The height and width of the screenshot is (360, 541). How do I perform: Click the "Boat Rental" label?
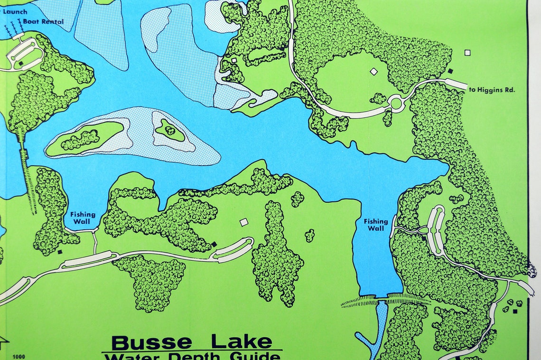point(43,21)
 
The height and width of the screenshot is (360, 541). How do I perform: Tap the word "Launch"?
point(15,12)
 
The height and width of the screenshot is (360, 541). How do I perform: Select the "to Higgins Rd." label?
point(495,89)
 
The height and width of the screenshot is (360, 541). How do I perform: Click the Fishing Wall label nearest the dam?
point(376,225)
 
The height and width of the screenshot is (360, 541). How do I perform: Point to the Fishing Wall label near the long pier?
point(83,218)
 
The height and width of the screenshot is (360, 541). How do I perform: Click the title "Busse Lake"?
point(192,342)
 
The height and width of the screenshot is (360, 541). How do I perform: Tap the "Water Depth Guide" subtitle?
point(192,356)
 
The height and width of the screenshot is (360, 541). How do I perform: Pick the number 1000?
point(19,357)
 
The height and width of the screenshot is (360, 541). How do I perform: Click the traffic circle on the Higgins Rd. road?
point(396,103)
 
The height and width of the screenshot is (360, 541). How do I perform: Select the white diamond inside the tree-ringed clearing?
point(373,71)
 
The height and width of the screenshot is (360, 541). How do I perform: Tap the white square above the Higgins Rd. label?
point(467,53)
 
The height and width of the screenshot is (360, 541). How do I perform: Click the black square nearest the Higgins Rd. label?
point(450,71)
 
